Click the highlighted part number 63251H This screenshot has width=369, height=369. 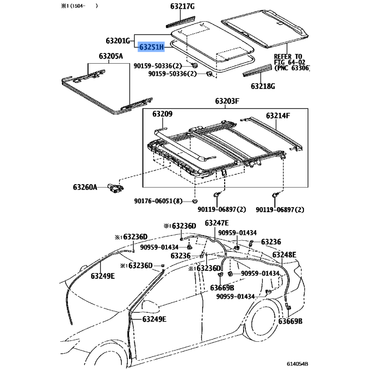[x=151, y=47]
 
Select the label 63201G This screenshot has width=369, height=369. [x=118, y=41]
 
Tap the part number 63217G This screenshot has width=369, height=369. [x=182, y=6]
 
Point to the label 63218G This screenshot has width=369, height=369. [x=262, y=86]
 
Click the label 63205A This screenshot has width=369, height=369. [x=111, y=56]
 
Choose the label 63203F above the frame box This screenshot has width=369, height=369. [x=227, y=101]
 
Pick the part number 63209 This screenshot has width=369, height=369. [x=162, y=114]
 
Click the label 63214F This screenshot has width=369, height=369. [x=278, y=116]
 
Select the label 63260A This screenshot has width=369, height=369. [x=85, y=187]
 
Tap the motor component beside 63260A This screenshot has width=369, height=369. [x=116, y=189]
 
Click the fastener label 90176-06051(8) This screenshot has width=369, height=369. [x=158, y=201]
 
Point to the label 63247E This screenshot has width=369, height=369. [x=216, y=223]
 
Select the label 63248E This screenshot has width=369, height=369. [x=284, y=255]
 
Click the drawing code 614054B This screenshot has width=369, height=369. [x=297, y=364]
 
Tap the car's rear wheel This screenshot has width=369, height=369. [x=263, y=321]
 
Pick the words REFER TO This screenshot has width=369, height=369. [x=288, y=57]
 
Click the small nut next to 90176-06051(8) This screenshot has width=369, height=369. [x=195, y=201]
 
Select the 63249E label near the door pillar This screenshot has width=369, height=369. [x=154, y=319]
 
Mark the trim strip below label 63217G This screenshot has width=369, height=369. [x=181, y=22]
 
